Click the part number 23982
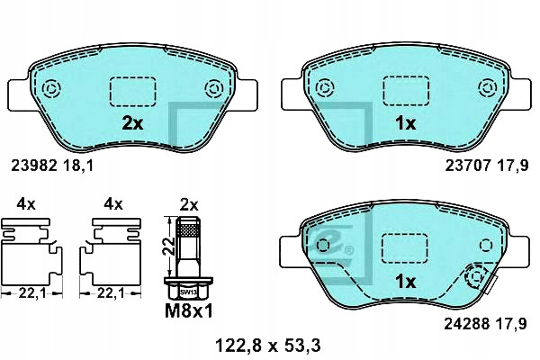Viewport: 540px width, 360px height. coord(33,166)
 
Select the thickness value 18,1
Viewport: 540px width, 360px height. coord(78,166)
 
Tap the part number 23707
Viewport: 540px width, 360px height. coord(468,166)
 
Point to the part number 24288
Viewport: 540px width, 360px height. coord(466,323)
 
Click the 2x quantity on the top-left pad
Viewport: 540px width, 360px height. coord(132,123)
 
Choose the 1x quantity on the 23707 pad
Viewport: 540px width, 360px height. coord(406,123)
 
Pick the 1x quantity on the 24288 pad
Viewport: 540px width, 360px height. coord(406,282)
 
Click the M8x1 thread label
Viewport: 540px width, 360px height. coord(189,311)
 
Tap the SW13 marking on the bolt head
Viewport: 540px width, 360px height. coord(188,292)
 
